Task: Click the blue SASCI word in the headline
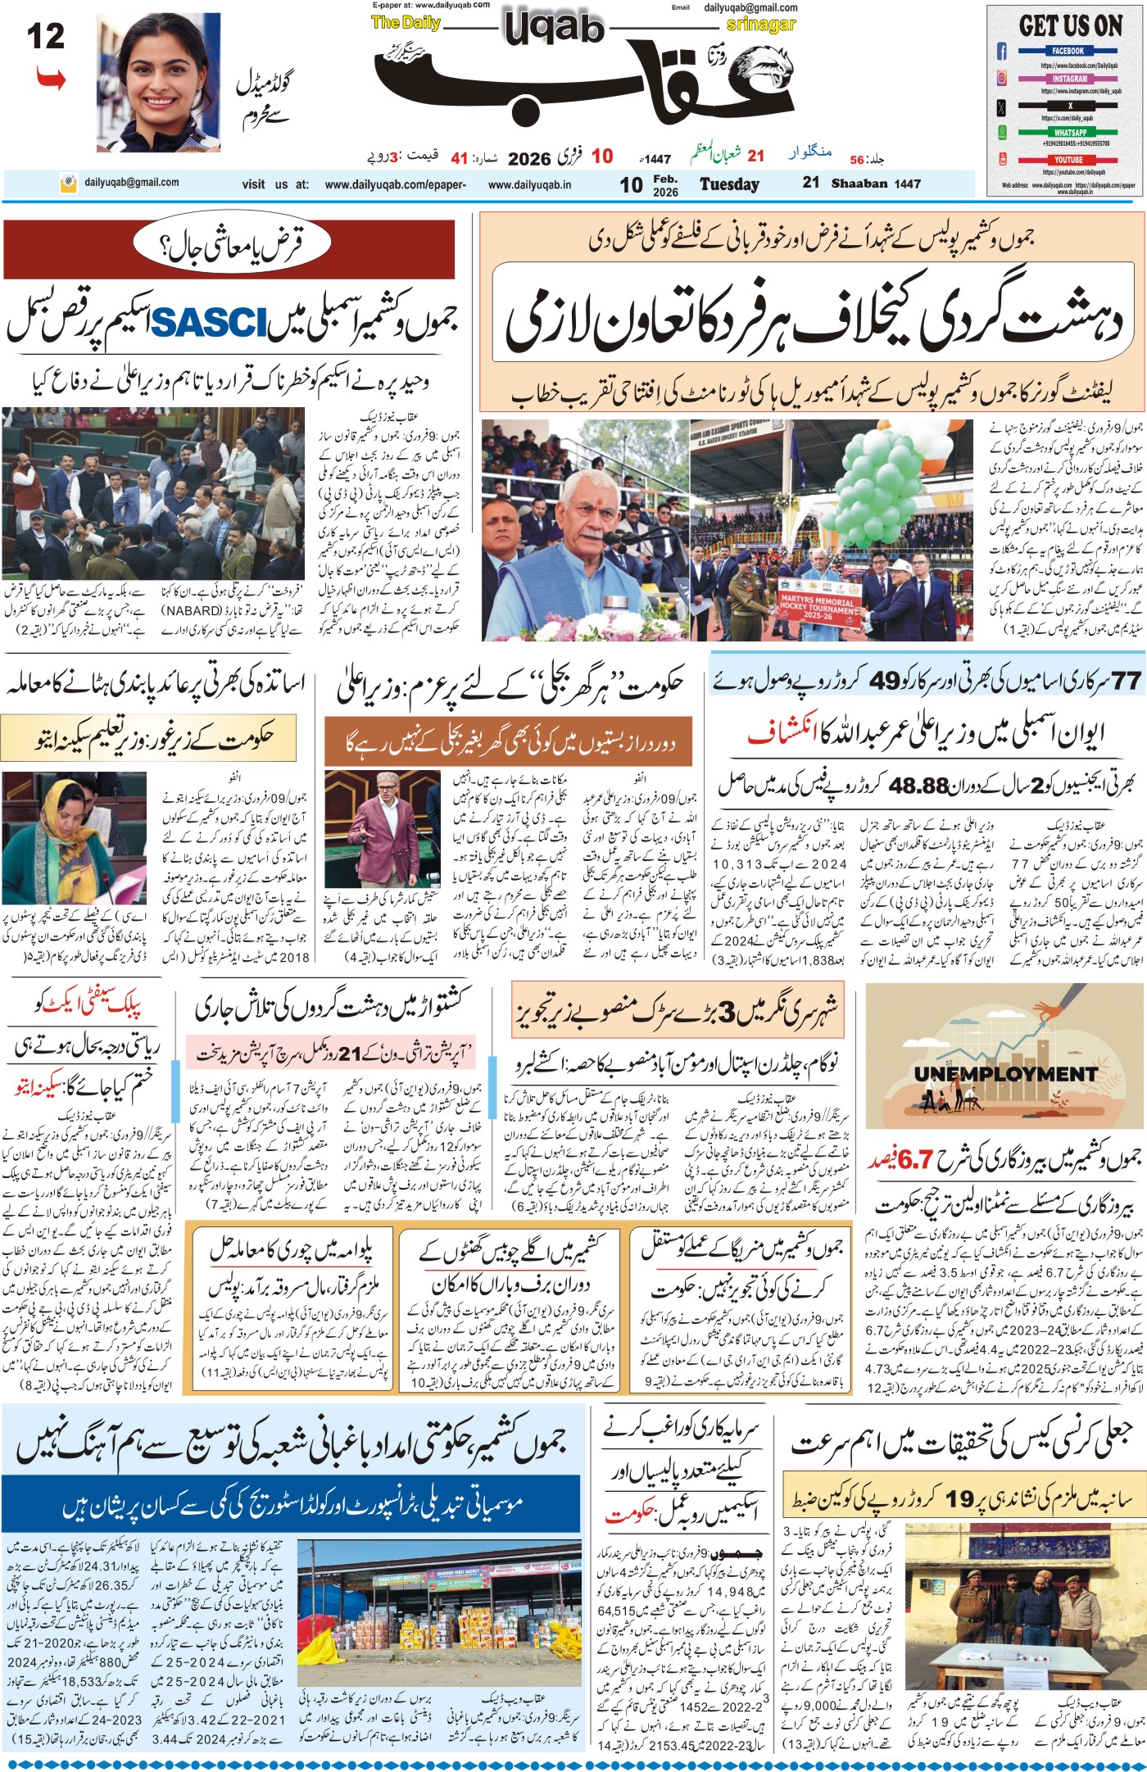[209, 323]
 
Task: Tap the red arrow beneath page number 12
[51, 79]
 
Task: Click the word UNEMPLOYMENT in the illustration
[1005, 1074]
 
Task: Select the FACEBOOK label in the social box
[1068, 51]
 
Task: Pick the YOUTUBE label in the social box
[1068, 160]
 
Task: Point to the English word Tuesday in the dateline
[729, 184]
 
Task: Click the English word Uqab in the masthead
[554, 29]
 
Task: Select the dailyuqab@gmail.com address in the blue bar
[131, 183]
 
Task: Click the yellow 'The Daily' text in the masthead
[406, 23]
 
